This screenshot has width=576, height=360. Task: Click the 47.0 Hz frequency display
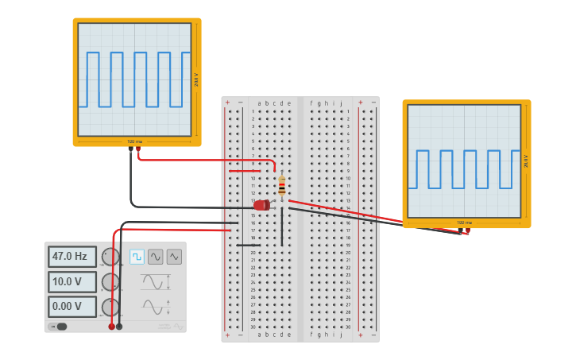[72, 257]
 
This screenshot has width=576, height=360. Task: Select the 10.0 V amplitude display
[72, 281]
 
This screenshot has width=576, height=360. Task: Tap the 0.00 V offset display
[72, 306]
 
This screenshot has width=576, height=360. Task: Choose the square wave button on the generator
[137, 257]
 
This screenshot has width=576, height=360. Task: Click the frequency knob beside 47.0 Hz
[110, 257]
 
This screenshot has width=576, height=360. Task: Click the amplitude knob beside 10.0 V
[110, 282]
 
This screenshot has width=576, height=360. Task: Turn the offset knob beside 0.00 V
[110, 307]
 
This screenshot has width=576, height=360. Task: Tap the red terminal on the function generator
[111, 326]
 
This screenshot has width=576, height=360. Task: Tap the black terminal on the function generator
[119, 326]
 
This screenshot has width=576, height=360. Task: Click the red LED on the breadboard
[261, 205]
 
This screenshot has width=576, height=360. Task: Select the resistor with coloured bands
[281, 185]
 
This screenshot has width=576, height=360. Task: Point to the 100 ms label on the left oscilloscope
[135, 141]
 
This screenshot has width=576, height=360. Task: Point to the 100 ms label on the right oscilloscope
[464, 223]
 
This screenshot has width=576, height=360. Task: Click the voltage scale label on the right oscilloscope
[526, 161]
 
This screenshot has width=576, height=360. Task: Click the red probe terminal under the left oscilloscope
[138, 149]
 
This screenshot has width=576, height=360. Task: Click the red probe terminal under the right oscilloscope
[467, 231]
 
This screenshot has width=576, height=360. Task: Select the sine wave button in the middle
[155, 257]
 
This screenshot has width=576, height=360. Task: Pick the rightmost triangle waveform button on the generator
[174, 257]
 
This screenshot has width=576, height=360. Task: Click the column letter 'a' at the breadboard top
[259, 103]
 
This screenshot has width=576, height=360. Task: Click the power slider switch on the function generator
[60, 326]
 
